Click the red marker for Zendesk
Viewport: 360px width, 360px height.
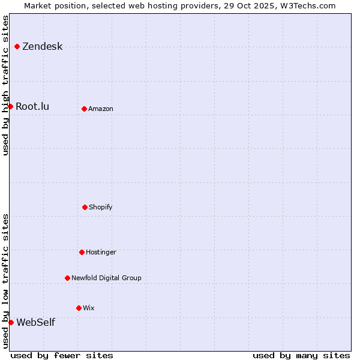click(17, 46)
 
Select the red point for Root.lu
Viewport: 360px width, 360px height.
click(10, 106)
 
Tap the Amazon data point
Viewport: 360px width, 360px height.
click(84, 109)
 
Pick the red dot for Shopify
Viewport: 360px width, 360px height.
click(85, 207)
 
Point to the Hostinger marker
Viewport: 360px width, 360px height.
click(82, 252)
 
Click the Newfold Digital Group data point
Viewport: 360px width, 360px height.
click(67, 278)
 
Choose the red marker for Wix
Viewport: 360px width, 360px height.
click(79, 308)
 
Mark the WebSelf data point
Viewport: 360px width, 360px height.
click(11, 322)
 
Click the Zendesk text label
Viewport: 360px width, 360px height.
click(42, 47)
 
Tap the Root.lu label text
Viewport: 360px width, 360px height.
click(32, 107)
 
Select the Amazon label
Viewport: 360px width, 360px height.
click(101, 109)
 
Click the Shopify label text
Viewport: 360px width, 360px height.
click(101, 208)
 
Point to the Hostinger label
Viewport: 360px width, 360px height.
click(101, 253)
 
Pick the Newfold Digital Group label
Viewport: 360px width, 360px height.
click(106, 278)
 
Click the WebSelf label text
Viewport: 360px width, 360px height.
click(35, 323)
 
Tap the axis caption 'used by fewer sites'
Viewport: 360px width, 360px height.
click(62, 355)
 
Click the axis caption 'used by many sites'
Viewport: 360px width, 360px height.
click(301, 355)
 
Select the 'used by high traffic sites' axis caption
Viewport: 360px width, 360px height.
click(5, 85)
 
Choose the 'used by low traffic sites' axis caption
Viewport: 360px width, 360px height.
click(5, 281)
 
